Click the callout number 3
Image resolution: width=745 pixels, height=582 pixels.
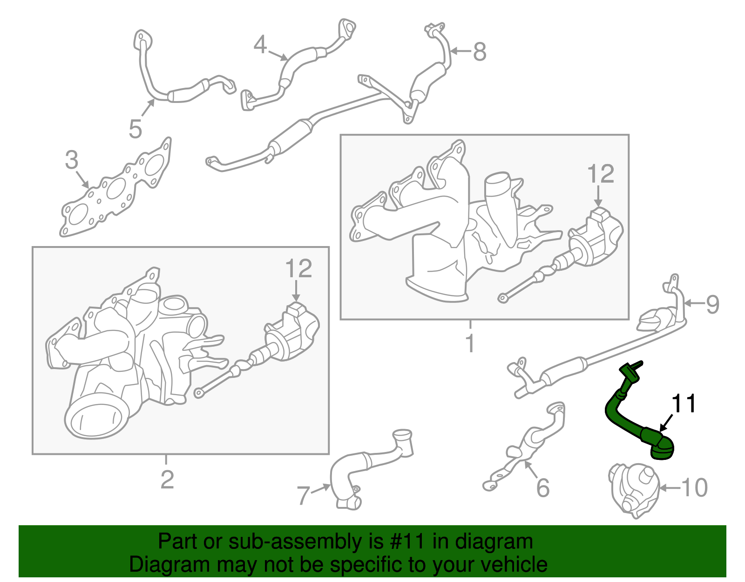[72, 160]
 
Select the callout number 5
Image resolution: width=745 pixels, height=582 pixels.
[135, 129]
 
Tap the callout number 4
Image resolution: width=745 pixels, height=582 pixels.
[260, 45]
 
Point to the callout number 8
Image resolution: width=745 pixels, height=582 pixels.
[480, 52]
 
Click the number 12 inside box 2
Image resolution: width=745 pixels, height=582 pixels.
[298, 268]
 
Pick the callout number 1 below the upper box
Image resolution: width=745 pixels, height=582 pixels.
[470, 343]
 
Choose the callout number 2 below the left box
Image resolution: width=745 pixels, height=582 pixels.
[167, 480]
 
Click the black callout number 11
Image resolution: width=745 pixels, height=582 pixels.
[684, 404]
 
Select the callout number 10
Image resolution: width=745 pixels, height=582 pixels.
[695, 487]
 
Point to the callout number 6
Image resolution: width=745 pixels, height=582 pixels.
[543, 488]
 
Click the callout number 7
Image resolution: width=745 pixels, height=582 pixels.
[303, 496]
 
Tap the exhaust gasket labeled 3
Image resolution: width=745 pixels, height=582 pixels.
[115, 188]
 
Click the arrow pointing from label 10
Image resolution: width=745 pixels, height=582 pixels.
[669, 488]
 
